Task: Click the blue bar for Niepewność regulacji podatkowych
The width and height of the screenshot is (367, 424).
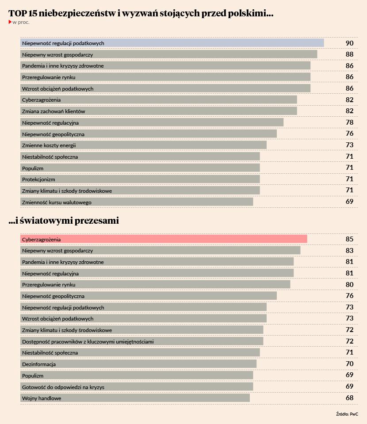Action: [172, 43]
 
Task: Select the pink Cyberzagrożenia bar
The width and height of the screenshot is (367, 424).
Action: [164, 239]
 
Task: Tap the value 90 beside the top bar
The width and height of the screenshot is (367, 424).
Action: [349, 43]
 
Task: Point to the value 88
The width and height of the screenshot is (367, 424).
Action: [349, 54]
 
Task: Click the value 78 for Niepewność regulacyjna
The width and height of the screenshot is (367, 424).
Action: [349, 122]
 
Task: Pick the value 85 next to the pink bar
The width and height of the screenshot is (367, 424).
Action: [349, 239]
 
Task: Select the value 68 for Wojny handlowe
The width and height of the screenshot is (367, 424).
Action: [349, 398]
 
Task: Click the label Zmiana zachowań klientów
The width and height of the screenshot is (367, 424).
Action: [54, 111]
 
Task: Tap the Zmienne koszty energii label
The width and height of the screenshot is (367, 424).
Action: [49, 145]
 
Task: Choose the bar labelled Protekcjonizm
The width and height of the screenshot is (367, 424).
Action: [140, 179]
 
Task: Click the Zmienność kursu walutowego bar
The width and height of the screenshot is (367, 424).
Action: [137, 202]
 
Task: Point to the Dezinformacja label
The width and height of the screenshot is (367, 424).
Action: [39, 364]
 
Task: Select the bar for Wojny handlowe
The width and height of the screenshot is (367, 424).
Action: [135, 398]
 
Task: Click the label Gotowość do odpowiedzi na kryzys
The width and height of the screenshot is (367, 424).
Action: [63, 387]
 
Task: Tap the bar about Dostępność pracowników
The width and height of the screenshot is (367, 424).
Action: [141, 341]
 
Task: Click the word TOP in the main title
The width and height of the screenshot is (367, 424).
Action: [15, 14]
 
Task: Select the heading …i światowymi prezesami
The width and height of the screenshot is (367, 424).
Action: [64, 220]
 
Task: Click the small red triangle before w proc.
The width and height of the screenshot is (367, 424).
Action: [10, 22]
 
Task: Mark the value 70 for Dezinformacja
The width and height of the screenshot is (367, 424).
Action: [349, 364]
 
